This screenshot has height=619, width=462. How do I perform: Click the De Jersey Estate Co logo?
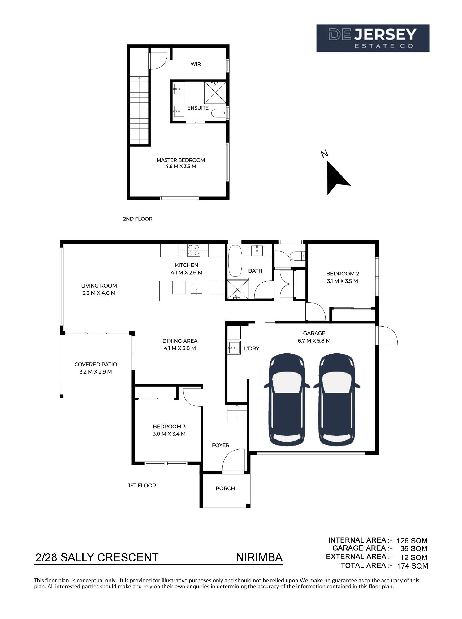click(373, 38)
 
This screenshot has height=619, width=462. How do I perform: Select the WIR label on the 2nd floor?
click(196, 64)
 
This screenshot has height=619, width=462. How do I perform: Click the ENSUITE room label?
click(198, 108)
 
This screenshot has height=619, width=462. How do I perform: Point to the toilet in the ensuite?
click(219, 113)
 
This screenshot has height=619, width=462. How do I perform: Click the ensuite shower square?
click(215, 92)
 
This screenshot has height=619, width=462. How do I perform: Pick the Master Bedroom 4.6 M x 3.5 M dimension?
click(181, 167)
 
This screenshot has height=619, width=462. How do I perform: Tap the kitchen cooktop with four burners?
click(193, 250)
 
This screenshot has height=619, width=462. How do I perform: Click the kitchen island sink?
click(196, 288)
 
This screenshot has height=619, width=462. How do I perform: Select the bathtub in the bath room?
click(235, 261)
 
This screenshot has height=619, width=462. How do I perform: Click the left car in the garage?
click(287, 399)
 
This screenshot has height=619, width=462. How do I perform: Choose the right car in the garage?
click(337, 399)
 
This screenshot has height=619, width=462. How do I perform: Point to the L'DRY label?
click(252, 348)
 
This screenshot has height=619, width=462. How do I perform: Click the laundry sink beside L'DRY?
click(234, 348)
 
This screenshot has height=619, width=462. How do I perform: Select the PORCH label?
click(225, 488)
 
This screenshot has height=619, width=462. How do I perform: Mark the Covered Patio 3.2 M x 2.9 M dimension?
click(96, 372)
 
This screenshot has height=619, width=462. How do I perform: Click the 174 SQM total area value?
click(412, 566)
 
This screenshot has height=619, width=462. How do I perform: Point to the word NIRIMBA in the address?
click(259, 557)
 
